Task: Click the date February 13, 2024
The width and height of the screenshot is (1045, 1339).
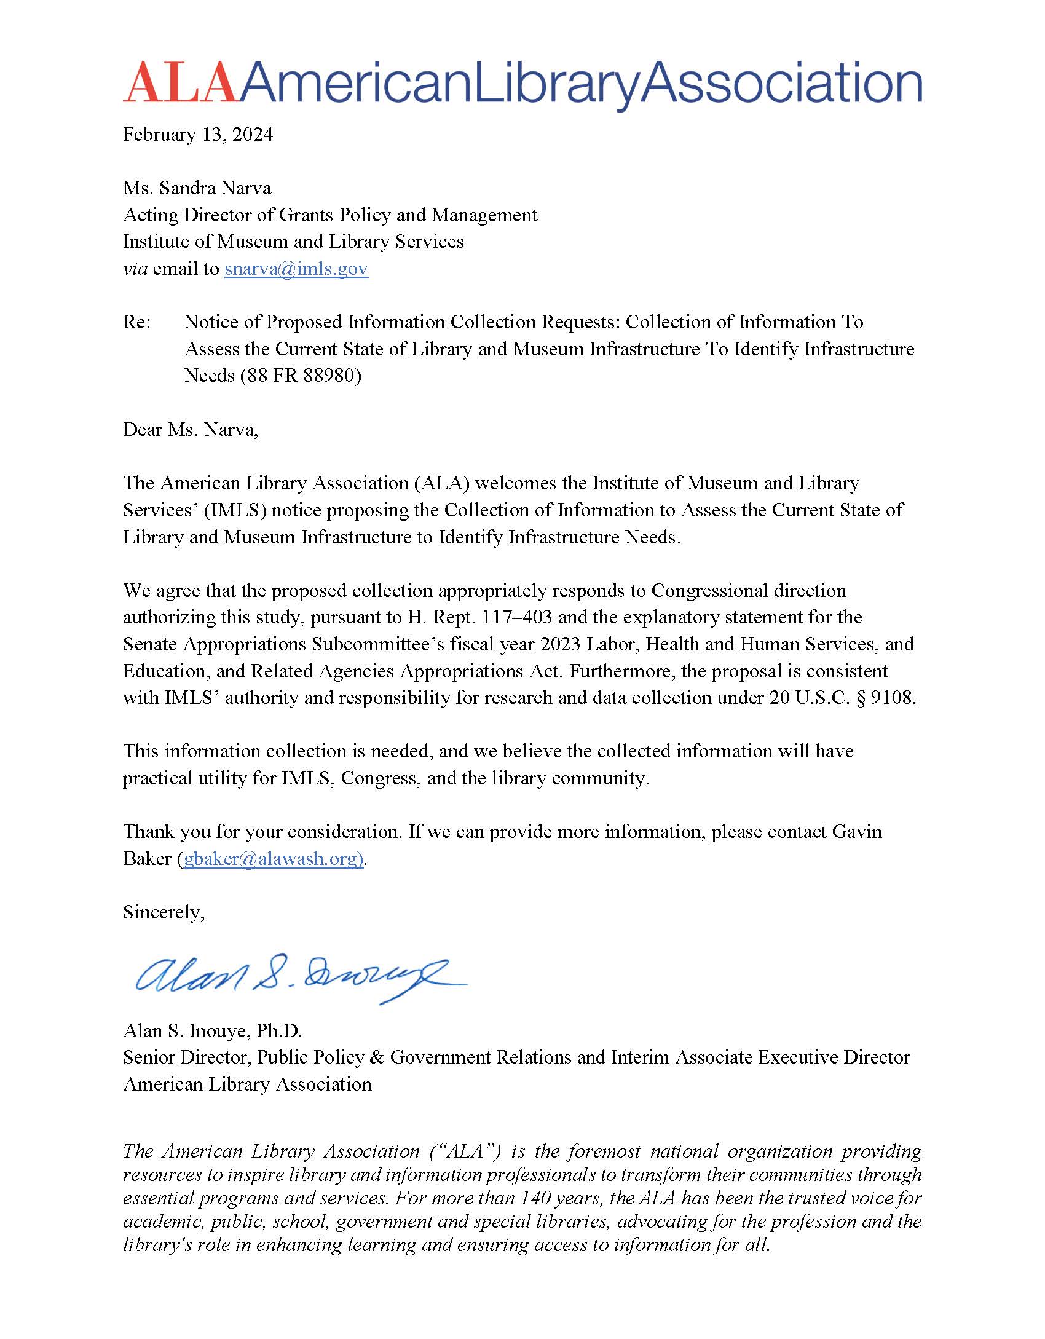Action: coord(197,135)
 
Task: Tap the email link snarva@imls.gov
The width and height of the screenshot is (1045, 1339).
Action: coord(296,269)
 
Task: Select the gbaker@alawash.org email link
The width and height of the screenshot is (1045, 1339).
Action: coord(273,858)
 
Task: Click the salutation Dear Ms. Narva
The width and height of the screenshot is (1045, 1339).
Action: coord(191,429)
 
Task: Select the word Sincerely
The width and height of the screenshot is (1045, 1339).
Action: coord(164,912)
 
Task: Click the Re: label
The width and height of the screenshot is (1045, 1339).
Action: coord(136,322)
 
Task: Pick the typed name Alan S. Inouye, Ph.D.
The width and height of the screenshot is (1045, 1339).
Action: coord(212,1030)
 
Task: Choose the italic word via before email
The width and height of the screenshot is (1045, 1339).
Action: coord(135,269)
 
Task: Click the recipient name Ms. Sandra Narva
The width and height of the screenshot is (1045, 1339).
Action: coord(197,188)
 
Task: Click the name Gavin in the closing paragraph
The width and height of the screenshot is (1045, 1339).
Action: coord(857,832)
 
